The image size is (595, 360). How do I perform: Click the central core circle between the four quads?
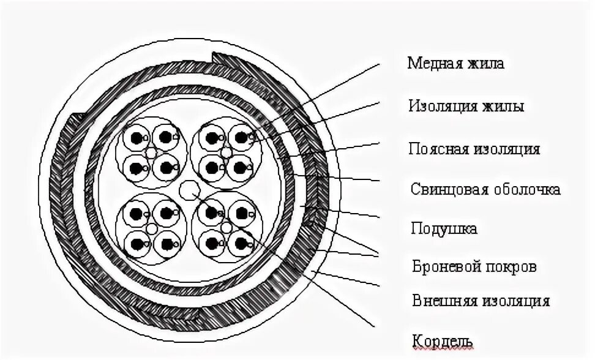coord(189,190)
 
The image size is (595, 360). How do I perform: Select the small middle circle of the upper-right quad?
coord(226,152)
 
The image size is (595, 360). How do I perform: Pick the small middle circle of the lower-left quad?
coord(151,228)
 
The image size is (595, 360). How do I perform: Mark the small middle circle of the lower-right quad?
coord(226,228)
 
